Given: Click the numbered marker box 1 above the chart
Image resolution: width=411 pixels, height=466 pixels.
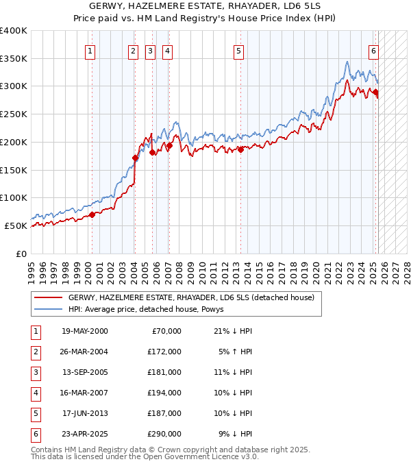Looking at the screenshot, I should click(x=91, y=50).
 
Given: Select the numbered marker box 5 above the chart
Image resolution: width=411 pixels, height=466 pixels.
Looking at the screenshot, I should click(x=238, y=50).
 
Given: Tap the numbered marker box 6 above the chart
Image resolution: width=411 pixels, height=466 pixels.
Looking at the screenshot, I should click(x=374, y=50).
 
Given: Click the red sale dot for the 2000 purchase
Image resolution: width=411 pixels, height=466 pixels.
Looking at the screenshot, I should click(x=92, y=214).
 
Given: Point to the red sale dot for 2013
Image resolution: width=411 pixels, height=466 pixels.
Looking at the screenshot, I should click(x=241, y=149).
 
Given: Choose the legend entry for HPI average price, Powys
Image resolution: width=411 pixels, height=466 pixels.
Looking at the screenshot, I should click(x=151, y=309).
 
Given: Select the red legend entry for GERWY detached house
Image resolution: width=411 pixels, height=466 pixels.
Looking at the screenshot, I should click(x=190, y=297).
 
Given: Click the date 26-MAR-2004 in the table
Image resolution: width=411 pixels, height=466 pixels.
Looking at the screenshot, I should click(x=84, y=352).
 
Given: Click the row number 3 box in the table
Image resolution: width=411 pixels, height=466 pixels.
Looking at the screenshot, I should click(x=36, y=372).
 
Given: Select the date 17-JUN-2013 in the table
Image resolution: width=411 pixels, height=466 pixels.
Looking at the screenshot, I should click(x=84, y=413).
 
